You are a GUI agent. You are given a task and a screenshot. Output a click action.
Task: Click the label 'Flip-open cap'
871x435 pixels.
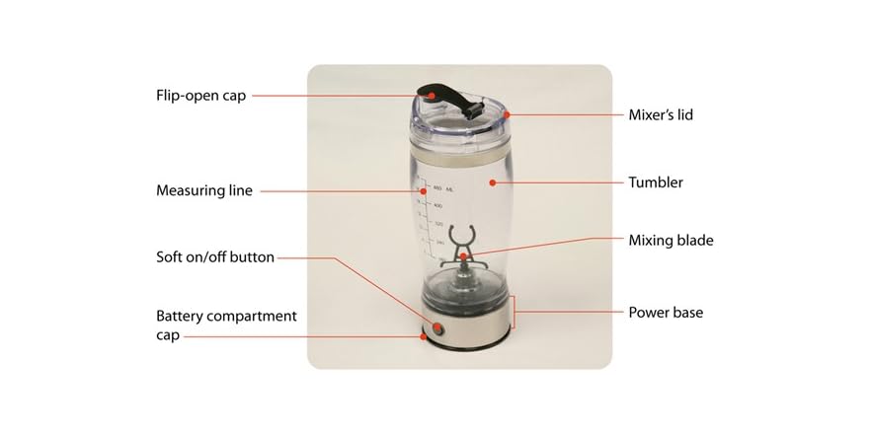[200, 96]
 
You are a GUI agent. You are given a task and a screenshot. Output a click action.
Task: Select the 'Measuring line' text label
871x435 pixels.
[204, 190]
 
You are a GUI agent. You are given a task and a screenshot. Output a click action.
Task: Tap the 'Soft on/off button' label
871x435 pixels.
[215, 257]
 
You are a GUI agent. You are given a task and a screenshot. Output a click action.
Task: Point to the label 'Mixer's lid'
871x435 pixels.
[661, 115]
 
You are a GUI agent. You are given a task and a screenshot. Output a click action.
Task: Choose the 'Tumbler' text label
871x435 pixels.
[656, 182]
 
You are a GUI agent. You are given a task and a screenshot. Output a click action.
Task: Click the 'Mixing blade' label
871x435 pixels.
[671, 240]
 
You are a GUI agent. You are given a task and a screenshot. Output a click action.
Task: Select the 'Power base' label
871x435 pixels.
[666, 313]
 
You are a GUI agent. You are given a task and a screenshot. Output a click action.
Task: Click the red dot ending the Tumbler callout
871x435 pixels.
[491, 181]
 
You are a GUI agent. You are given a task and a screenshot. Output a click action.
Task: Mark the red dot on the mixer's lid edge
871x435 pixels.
[506, 115]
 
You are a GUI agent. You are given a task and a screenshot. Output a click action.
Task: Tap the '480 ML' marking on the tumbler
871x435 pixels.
[441, 187]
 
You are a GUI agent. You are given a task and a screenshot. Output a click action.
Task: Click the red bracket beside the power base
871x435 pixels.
[514, 313]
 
